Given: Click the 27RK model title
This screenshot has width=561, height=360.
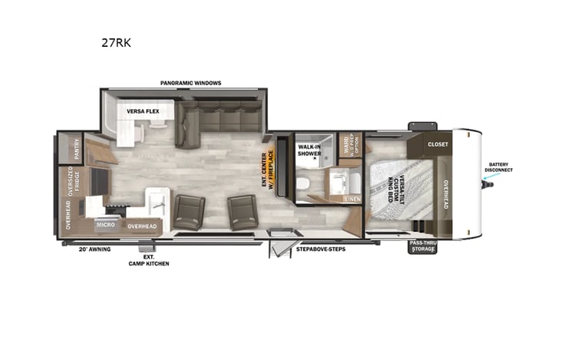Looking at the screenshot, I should pyautogui.click(x=116, y=43).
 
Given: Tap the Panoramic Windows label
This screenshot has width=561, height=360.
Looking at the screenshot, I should pyautogui.click(x=190, y=82).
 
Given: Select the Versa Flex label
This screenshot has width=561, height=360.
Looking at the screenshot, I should pyautogui.click(x=143, y=111).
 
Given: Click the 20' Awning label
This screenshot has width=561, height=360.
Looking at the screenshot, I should pyautogui.click(x=93, y=249).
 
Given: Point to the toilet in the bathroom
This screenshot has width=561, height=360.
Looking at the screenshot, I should pyautogui.click(x=305, y=184).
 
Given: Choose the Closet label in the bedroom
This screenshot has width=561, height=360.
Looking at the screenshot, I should pyautogui.click(x=438, y=143).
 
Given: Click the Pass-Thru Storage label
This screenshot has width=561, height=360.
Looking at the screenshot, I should pyautogui.click(x=423, y=246).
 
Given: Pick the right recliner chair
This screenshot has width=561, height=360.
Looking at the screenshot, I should pyautogui.click(x=242, y=210).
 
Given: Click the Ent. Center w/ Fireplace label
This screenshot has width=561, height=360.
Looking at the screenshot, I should pyautogui.click(x=269, y=170).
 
